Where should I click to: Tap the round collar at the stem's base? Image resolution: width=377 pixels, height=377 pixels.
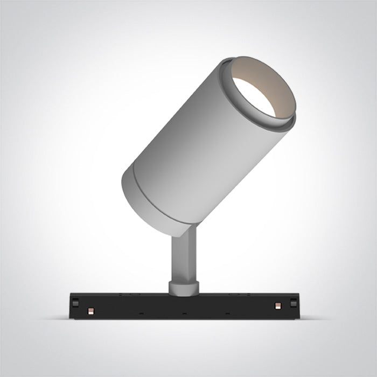184,288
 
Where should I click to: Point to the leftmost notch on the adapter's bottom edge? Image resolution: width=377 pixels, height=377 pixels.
141,313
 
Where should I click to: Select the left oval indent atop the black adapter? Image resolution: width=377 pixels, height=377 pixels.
133,295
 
